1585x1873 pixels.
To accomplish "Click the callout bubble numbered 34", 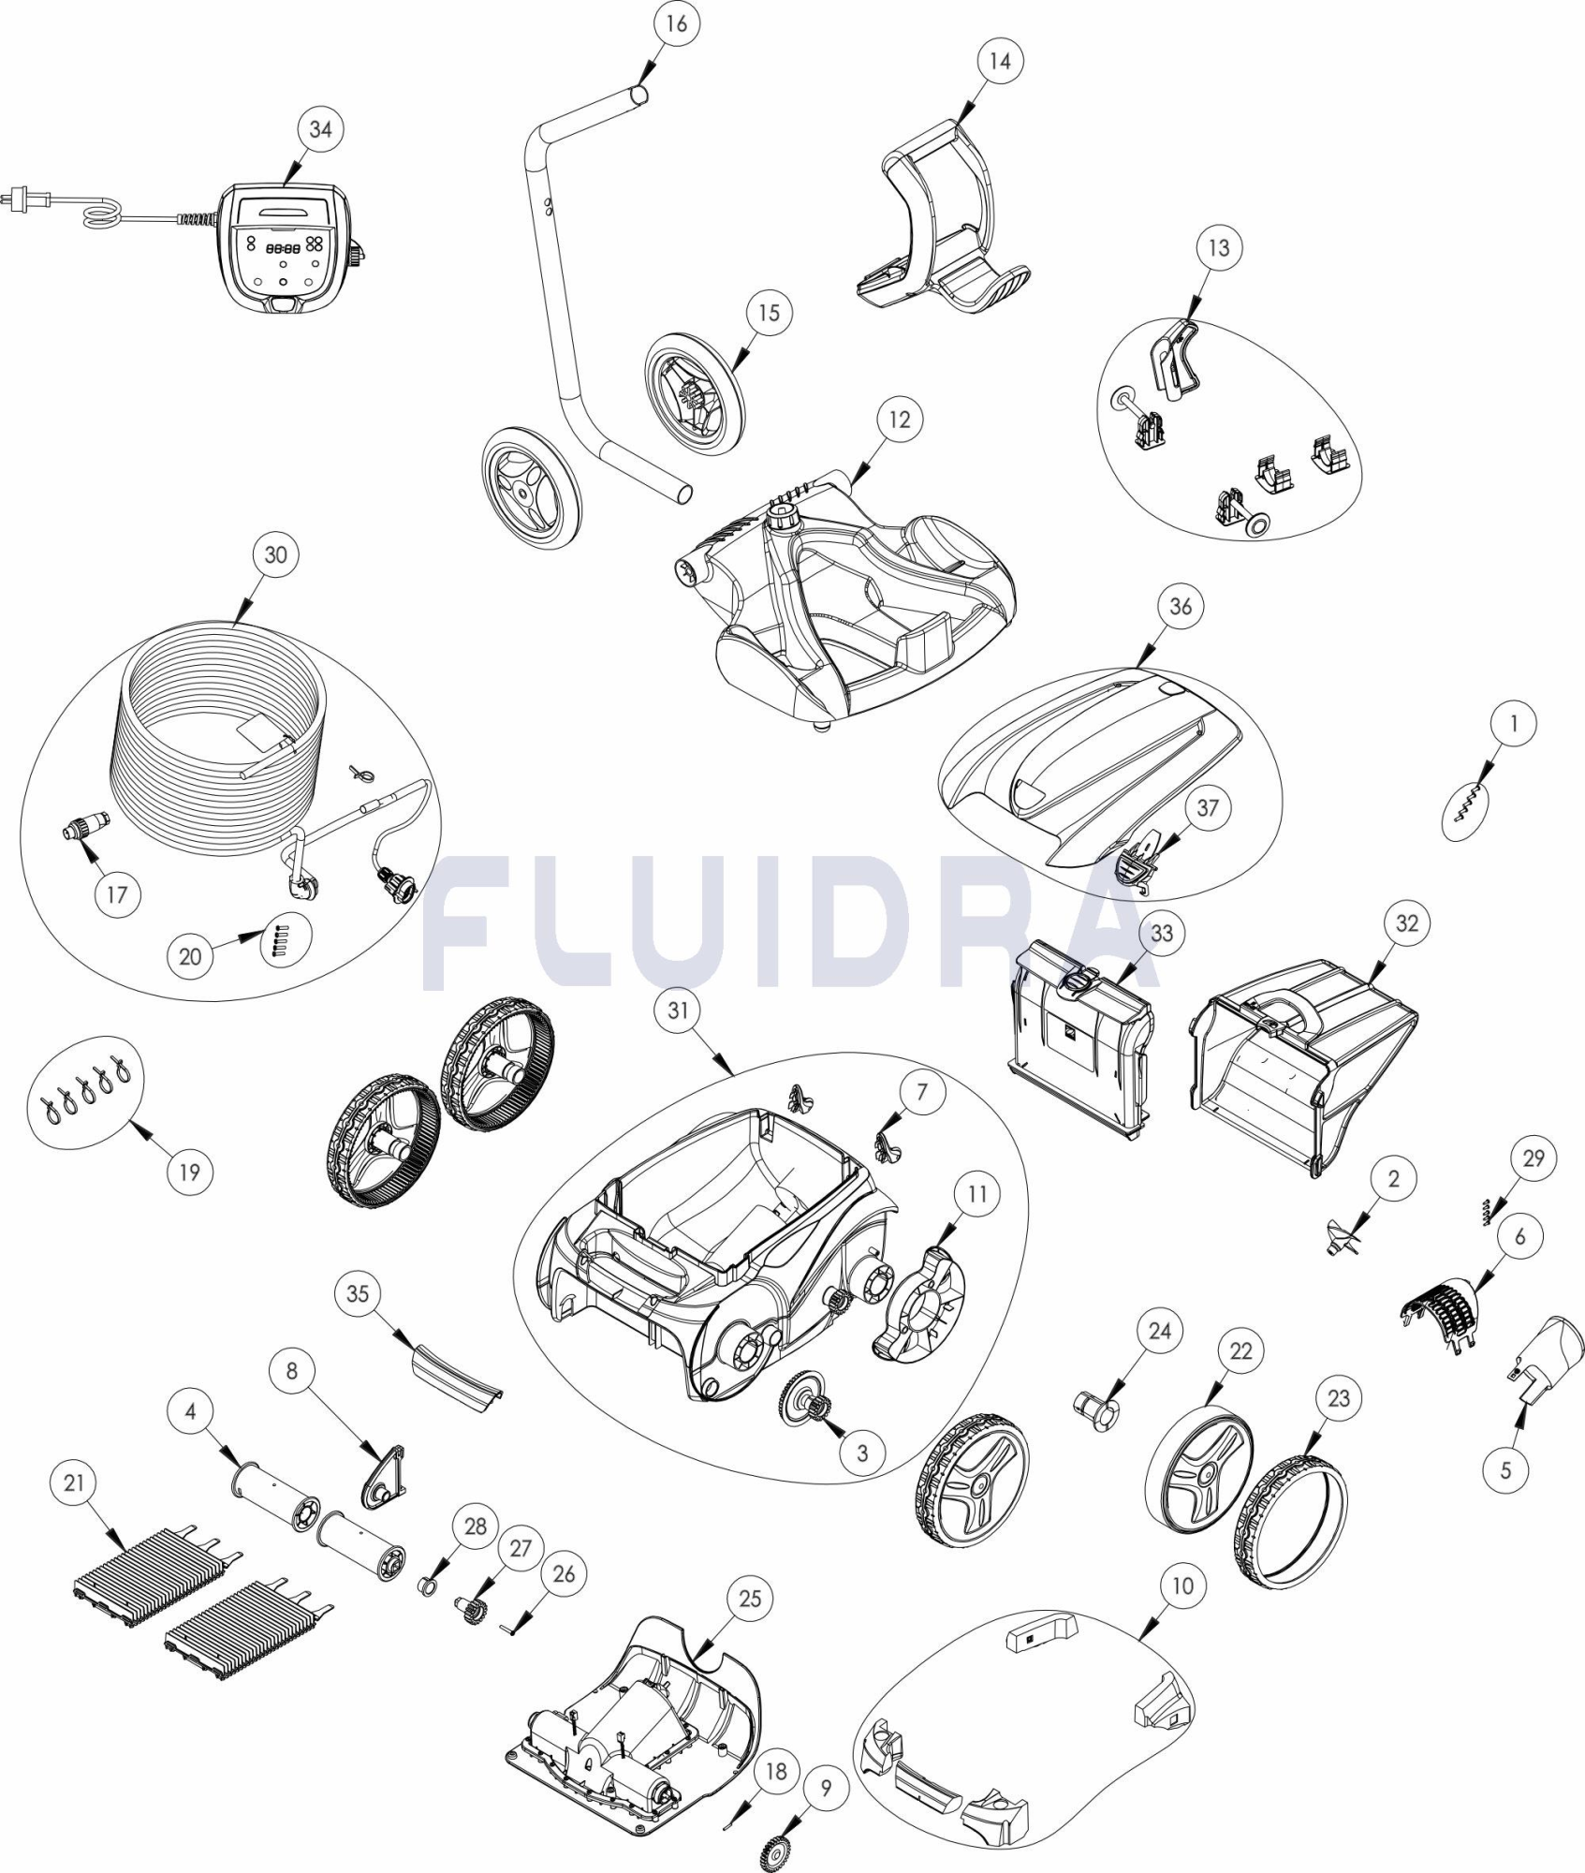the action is point(320,129).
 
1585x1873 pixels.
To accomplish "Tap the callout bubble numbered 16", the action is point(676,24).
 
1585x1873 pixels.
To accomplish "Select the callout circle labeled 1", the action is point(1514,723).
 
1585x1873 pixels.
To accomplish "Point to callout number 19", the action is point(190,1172).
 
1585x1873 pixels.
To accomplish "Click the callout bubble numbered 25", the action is point(751,1598).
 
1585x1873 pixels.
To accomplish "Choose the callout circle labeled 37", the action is point(1208,807).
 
